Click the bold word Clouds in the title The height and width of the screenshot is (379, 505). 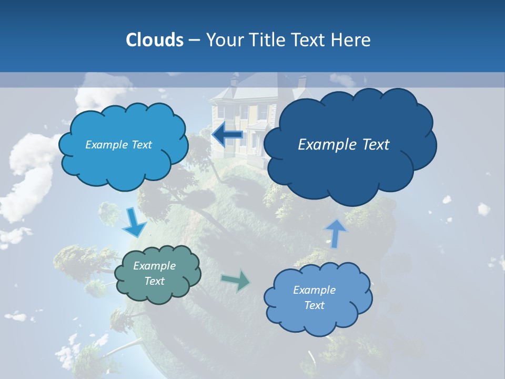click(x=154, y=40)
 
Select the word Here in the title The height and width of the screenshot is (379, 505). click(x=352, y=40)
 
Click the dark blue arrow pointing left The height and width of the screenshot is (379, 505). click(x=228, y=135)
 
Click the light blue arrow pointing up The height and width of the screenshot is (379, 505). click(x=336, y=233)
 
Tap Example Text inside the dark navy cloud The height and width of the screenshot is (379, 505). click(x=344, y=145)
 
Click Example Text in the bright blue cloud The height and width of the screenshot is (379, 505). click(x=118, y=145)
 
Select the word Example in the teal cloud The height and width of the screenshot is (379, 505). click(x=154, y=266)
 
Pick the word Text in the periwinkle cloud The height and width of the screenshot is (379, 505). click(x=314, y=305)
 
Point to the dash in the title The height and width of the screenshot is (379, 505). click(x=194, y=40)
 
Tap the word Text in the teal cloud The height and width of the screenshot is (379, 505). click(x=154, y=281)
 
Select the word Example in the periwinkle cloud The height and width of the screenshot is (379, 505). click(x=314, y=290)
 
